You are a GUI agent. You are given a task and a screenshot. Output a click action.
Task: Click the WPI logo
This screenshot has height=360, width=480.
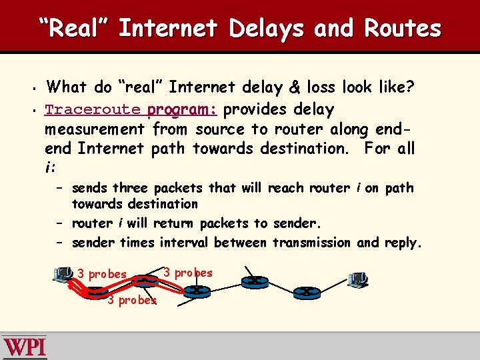[25, 347]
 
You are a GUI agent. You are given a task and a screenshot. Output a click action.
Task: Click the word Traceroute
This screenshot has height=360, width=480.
[93, 109]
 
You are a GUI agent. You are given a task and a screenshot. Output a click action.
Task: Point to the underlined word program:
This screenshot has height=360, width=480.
[182, 109]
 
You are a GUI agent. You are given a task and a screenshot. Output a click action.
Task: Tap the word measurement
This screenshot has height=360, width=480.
[95, 128]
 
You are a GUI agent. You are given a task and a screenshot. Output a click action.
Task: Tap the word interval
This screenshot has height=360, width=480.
[184, 243]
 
